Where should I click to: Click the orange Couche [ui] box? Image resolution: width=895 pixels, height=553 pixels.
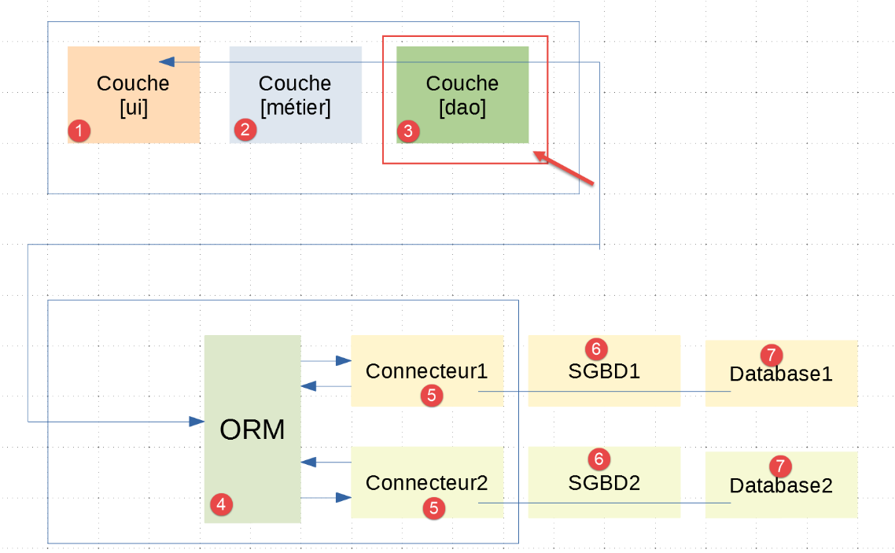pyautogui.click(x=133, y=95)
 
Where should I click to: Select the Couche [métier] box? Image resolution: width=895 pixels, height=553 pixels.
pyautogui.click(x=295, y=95)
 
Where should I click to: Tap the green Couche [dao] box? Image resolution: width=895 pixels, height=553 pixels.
pyautogui.click(x=462, y=95)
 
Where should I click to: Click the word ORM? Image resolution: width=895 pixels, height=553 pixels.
pyautogui.click(x=252, y=430)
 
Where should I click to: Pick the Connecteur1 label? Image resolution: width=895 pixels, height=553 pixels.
pyautogui.click(x=426, y=371)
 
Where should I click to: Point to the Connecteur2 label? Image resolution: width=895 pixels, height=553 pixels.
pyautogui.click(x=426, y=482)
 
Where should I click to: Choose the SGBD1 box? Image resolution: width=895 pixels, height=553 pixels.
pyautogui.click(x=604, y=371)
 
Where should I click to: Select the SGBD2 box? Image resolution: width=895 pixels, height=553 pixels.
pyautogui.click(x=604, y=481)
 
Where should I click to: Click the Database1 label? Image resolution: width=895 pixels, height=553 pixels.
pyautogui.click(x=781, y=374)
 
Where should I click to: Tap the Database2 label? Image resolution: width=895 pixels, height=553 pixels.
pyautogui.click(x=781, y=486)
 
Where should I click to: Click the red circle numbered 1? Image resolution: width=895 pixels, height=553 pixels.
pyautogui.click(x=79, y=131)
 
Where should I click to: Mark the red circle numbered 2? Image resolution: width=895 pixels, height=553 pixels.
pyautogui.click(x=245, y=130)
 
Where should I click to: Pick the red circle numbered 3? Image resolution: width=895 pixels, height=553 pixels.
pyautogui.click(x=407, y=131)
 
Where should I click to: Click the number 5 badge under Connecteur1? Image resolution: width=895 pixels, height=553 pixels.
pyautogui.click(x=431, y=396)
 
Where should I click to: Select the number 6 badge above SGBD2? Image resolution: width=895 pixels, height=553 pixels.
pyautogui.click(x=599, y=458)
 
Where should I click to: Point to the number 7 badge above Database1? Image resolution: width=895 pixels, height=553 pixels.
pyautogui.click(x=772, y=355)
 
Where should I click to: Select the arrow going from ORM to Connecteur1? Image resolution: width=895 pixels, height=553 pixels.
pyautogui.click(x=326, y=361)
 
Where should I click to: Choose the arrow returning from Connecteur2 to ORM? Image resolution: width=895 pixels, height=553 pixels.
pyautogui.click(x=326, y=462)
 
